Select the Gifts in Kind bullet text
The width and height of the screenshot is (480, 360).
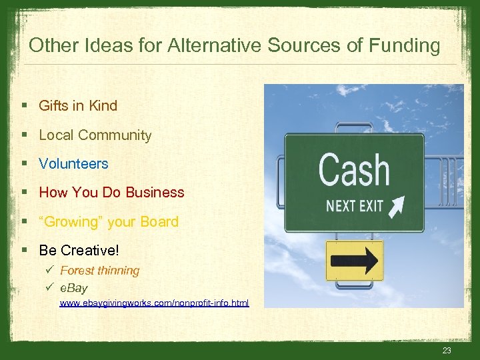pos(78,105)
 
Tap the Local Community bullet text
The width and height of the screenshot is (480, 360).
pos(95,135)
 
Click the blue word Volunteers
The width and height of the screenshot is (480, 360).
pos(73,163)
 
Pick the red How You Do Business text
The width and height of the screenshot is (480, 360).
pos(111,192)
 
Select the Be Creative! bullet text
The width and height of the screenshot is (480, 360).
pos(79,250)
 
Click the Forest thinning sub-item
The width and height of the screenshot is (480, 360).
pos(99,271)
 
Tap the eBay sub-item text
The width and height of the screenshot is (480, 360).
pos(73,288)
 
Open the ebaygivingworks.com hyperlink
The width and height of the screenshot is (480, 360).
pos(154,303)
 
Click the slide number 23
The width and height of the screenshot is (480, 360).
pos(446,351)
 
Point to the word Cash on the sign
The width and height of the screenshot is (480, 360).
pos(353,170)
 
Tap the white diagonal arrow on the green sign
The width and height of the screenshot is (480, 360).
pos(397,205)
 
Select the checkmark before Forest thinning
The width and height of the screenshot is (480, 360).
pos(51,271)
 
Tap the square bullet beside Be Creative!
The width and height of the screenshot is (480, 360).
pos(25,251)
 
